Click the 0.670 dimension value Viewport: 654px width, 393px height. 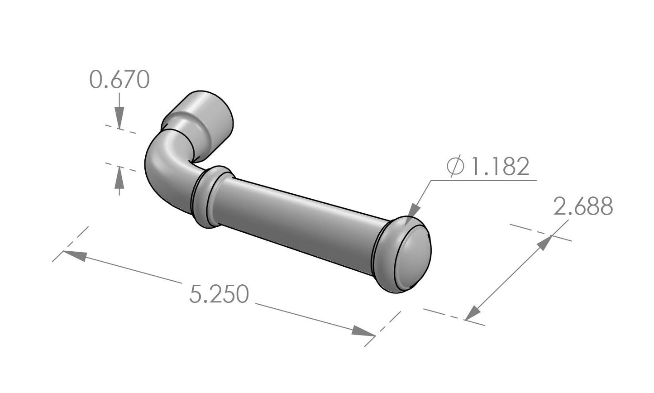(119, 80)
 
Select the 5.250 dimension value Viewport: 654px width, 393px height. (219, 294)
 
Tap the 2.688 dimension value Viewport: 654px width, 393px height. (583, 206)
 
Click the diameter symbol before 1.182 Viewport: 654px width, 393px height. (455, 167)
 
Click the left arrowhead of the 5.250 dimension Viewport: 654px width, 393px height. (72, 254)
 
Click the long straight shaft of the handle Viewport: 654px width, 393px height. (299, 222)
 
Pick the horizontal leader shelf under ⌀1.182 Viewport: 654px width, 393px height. (484, 180)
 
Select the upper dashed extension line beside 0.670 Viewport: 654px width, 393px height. (120, 129)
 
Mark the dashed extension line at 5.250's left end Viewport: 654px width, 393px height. (70, 244)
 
